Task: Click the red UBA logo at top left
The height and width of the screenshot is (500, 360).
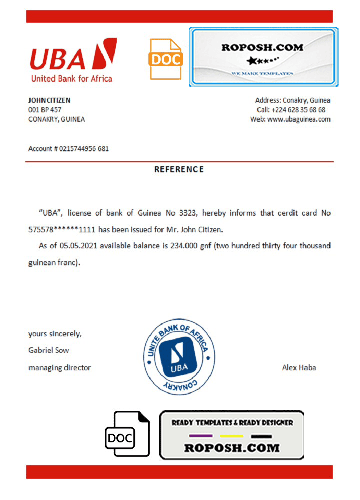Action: tap(73, 60)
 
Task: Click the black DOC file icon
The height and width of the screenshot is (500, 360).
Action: tap(127, 434)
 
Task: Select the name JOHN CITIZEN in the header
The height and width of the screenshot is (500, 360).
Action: tap(49, 100)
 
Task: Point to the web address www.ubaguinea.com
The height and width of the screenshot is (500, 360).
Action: tap(299, 119)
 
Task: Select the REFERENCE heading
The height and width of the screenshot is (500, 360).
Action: tap(179, 169)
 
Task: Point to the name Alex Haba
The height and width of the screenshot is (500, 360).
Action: tap(299, 368)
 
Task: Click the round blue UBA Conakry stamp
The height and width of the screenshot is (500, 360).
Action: tap(179, 358)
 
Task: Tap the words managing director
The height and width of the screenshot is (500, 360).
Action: tap(60, 368)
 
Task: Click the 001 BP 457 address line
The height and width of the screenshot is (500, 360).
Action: tap(45, 110)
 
